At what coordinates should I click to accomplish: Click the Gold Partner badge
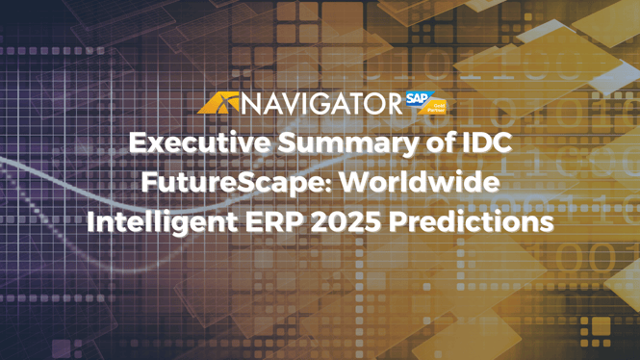point(438,105)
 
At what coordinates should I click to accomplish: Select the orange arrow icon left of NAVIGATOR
point(218,103)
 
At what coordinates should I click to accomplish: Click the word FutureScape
point(243,182)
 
